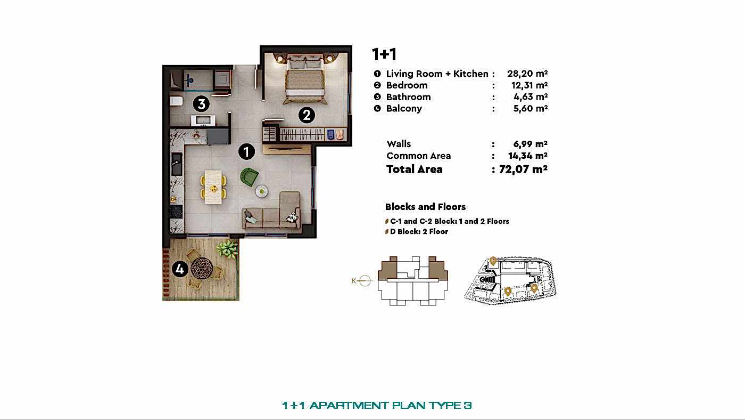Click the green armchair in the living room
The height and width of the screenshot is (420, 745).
(x=249, y=176)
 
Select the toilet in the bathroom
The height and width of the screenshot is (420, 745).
(x=176, y=101)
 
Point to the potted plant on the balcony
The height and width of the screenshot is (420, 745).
(x=228, y=247)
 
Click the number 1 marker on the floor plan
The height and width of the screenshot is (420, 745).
(x=246, y=151)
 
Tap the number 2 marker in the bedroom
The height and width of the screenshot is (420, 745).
(x=307, y=115)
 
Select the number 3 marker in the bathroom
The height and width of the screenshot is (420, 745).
(x=201, y=103)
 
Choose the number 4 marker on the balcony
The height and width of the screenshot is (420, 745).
(x=180, y=270)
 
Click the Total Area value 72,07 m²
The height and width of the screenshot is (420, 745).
(x=524, y=169)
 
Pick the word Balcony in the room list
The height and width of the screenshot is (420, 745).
(x=404, y=109)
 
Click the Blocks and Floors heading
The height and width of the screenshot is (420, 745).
(x=425, y=207)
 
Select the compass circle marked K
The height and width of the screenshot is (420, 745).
(x=365, y=281)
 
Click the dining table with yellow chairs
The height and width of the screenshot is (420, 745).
(x=213, y=187)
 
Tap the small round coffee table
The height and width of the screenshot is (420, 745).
(x=261, y=190)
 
